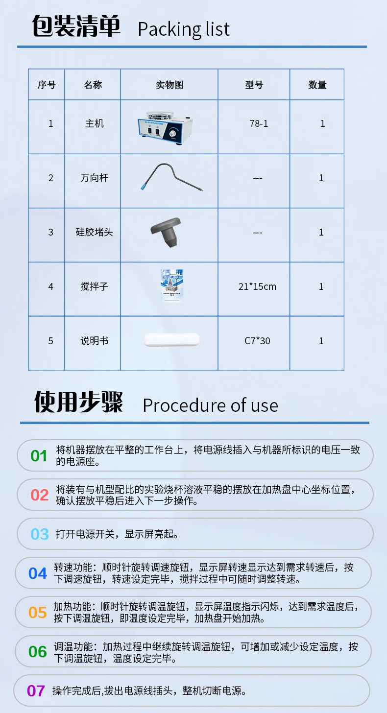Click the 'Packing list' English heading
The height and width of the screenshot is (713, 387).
point(184,29)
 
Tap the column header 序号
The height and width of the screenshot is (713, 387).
point(47,85)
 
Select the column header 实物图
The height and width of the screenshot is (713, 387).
point(169,85)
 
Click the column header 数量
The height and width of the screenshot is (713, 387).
point(317,85)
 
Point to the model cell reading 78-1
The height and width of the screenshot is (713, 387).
point(259,124)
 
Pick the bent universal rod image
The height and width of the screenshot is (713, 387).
point(170,177)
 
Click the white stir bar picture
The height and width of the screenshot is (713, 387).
point(172,340)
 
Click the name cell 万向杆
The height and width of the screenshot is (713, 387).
point(94,178)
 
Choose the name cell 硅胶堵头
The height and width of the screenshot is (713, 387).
point(94,232)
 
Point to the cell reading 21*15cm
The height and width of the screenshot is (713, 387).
point(257,286)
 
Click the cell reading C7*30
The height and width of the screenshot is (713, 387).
point(257,341)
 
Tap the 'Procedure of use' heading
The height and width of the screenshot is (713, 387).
point(210,405)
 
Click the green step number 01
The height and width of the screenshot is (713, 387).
point(39,456)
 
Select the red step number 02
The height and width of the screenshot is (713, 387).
point(39,495)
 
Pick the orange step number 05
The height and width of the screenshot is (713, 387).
point(38,613)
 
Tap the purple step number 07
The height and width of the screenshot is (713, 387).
point(36,691)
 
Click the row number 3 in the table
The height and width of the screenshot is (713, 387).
point(50,232)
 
